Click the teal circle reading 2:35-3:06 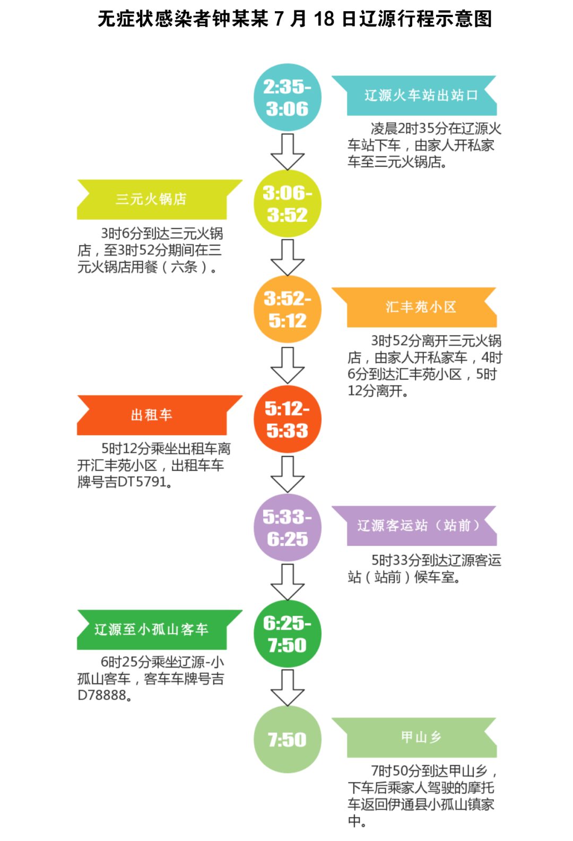[x=288, y=97]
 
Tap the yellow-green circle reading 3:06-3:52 [x=288, y=203]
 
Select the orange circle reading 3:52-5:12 [x=288, y=310]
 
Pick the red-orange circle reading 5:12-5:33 [x=288, y=419]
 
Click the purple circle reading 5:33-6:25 [x=288, y=528]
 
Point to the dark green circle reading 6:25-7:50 [x=288, y=634]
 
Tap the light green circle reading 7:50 [x=288, y=739]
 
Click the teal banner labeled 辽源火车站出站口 [x=414, y=96]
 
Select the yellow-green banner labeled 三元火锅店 [x=160, y=199]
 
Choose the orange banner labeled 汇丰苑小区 [x=414, y=307]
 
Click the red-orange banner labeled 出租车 [x=160, y=415]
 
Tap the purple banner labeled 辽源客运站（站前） [x=414, y=526]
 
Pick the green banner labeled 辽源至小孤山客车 [x=160, y=630]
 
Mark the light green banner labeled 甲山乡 [x=414, y=737]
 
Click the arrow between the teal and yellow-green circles [x=288, y=152]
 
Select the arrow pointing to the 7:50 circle [x=288, y=688]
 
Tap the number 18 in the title [x=324, y=19]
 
